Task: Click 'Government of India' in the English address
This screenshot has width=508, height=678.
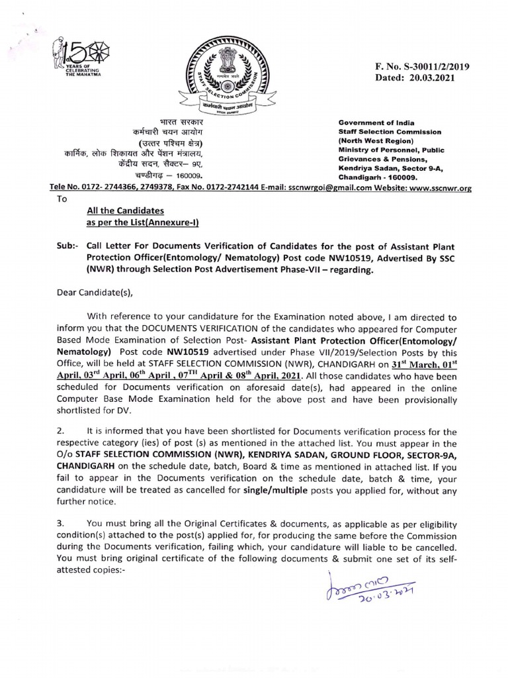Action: click(x=369, y=122)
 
